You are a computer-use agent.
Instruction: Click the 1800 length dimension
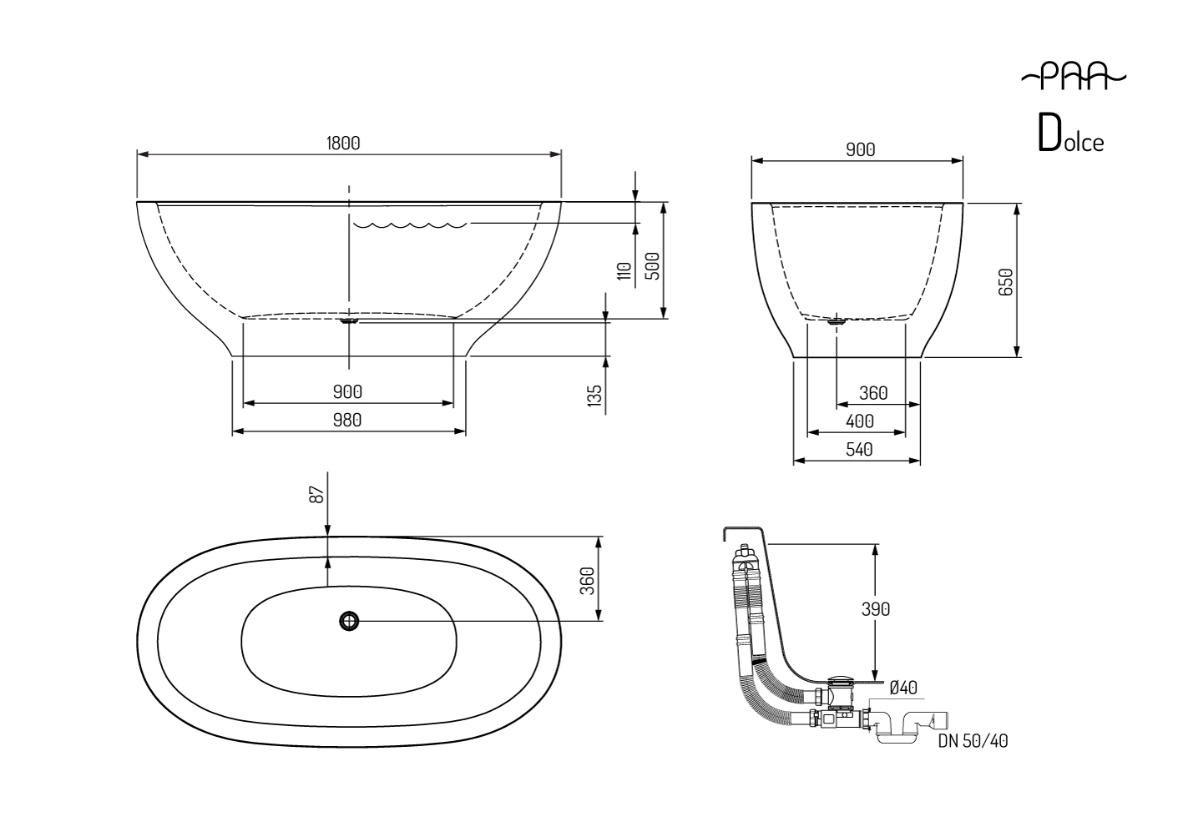(x=343, y=143)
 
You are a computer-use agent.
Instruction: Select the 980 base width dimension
(x=347, y=420)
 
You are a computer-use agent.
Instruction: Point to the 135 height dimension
(x=594, y=395)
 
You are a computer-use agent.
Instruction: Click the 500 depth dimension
(x=653, y=265)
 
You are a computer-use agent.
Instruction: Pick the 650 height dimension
(x=1005, y=281)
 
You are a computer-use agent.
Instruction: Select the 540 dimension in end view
(x=859, y=449)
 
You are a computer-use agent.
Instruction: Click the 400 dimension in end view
(x=860, y=421)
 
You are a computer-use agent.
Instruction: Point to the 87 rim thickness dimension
(x=316, y=494)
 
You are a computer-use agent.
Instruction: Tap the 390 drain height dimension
(x=876, y=609)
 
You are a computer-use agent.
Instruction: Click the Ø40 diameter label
(x=903, y=688)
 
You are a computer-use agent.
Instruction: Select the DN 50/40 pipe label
(x=973, y=740)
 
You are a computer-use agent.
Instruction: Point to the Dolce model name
(x=1071, y=136)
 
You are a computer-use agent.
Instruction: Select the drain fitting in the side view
(x=349, y=319)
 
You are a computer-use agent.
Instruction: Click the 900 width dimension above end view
(x=860, y=149)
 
